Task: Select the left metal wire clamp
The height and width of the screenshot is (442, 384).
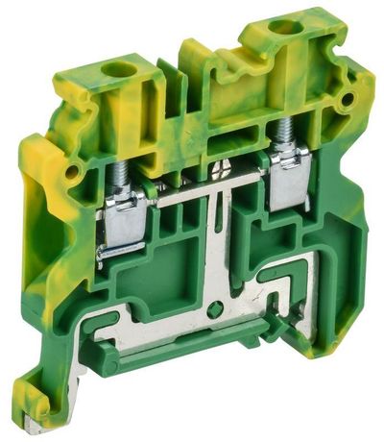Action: click(125, 221)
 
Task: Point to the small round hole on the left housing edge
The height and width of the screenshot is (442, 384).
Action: click(70, 173)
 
